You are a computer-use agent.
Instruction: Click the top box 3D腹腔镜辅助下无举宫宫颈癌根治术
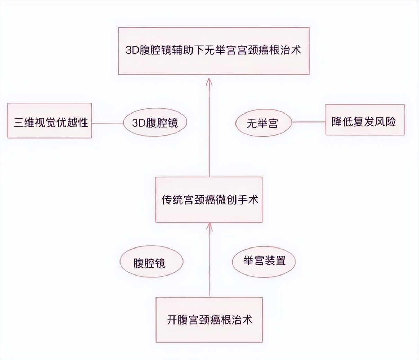coord(214,51)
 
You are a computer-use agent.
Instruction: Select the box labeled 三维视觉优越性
coord(50,121)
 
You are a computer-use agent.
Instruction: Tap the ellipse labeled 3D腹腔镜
coord(155,123)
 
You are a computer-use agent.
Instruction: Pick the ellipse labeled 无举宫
coord(263,123)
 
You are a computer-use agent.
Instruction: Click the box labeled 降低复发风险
coord(365,120)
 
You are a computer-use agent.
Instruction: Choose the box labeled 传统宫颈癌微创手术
coord(209,199)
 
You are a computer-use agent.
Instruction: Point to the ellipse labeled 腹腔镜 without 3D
coord(151,262)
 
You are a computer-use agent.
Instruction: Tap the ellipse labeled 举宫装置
coord(264,260)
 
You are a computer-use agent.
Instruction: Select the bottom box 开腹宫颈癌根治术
coord(209,319)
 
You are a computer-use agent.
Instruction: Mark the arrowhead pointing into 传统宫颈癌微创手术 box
coord(209,226)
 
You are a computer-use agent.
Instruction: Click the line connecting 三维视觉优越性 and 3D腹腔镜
coord(108,123)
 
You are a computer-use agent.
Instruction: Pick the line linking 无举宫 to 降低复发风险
coord(308,121)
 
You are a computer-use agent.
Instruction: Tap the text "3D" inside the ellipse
coord(139,123)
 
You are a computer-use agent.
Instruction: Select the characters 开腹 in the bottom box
coord(178,319)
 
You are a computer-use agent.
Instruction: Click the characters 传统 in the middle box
coord(172,200)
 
